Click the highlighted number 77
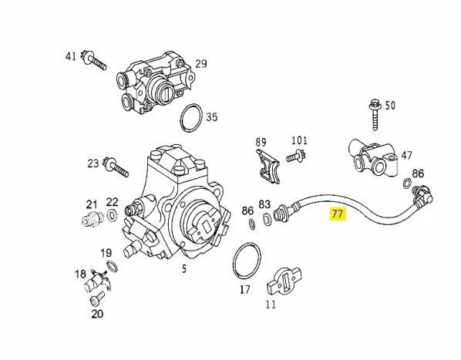[x=338, y=214]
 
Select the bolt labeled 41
[x=94, y=61]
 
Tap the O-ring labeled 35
[x=192, y=119]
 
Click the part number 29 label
[x=200, y=64]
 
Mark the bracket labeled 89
[x=264, y=165]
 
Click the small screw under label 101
[x=295, y=156]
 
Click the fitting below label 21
[x=93, y=220]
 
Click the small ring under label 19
[x=110, y=266]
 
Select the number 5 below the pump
[x=183, y=269]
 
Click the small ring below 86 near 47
[x=406, y=183]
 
